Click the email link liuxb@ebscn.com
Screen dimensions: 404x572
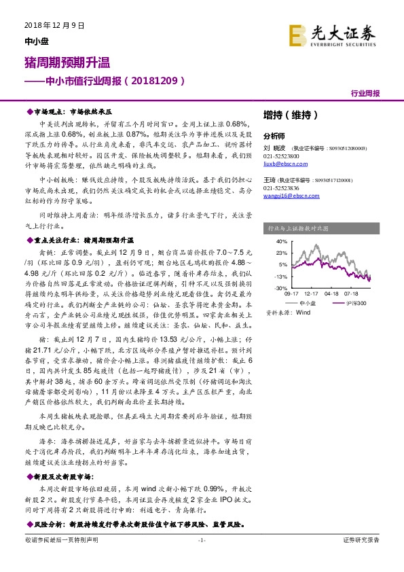[x=281, y=164]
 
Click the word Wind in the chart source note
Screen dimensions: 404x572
[x=303, y=313]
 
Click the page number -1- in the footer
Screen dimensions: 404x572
[x=201, y=539]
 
